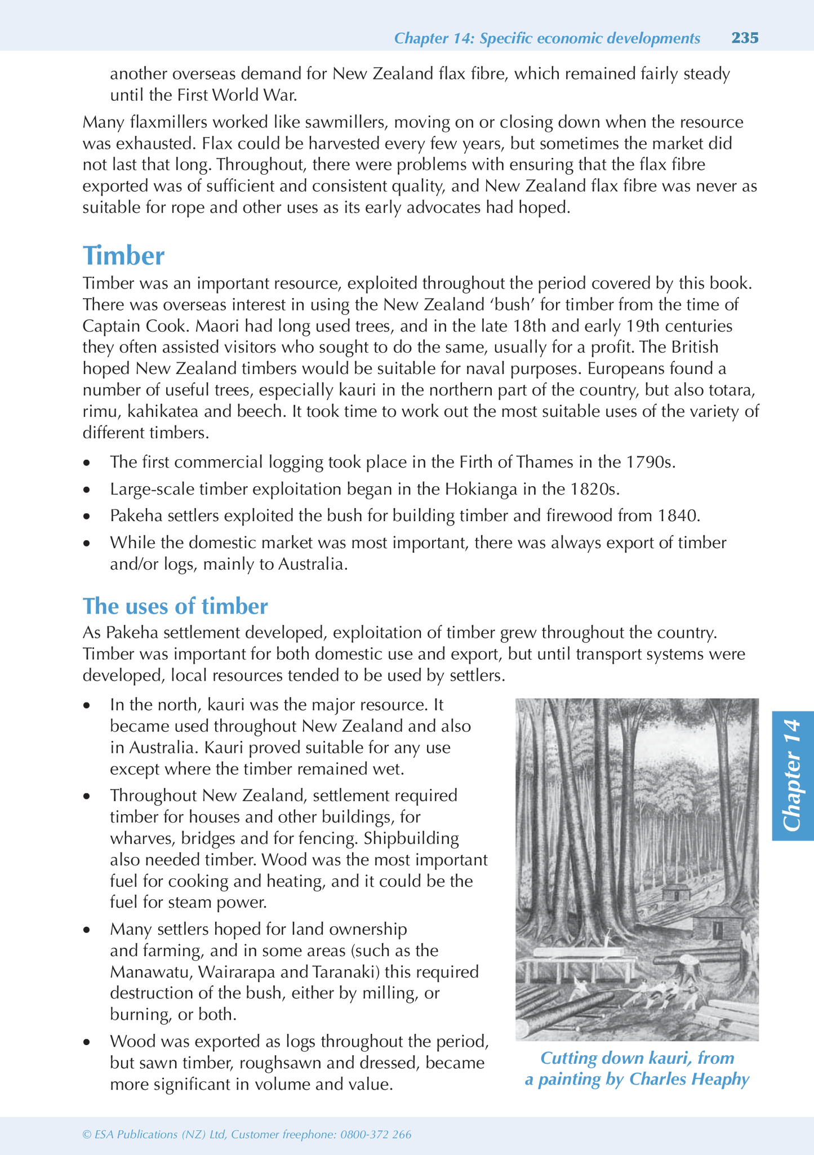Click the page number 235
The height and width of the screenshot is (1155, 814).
745,38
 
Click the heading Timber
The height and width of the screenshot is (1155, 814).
123,256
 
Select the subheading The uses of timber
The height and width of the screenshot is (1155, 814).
175,606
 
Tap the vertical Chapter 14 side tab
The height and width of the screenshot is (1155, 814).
793,775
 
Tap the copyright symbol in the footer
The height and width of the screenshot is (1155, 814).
87,1135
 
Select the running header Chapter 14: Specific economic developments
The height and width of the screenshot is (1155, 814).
547,38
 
